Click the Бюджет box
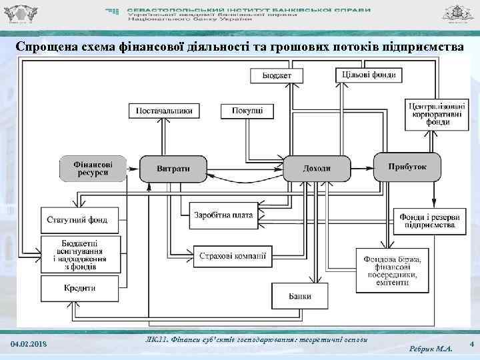tap(276, 75)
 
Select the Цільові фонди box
tap(369, 75)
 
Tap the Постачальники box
tap(165, 111)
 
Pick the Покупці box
tap(247, 111)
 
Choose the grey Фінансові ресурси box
tap(93, 168)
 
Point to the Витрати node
tap(173, 168)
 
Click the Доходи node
tap(317, 168)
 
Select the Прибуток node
tap(407, 167)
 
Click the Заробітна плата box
tap(223, 215)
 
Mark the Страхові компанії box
tap(233, 254)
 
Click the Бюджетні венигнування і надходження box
tap(81, 253)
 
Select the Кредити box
tap(81, 288)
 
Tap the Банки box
tap(299, 296)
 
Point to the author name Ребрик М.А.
tap(429, 348)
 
